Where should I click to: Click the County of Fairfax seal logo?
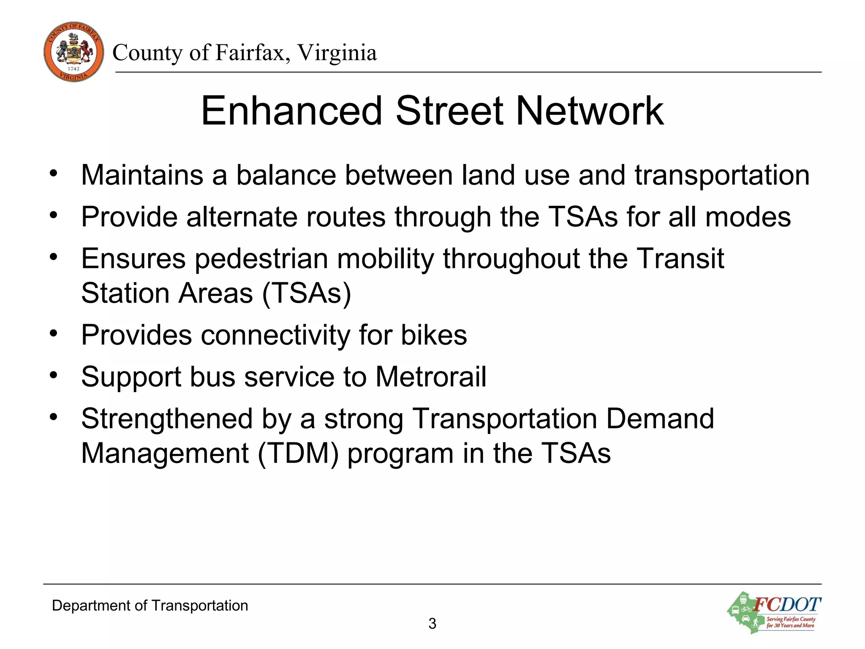coord(73,52)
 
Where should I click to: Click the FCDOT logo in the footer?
coord(775,612)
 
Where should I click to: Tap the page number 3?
coord(432,624)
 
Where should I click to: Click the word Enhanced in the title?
coord(291,111)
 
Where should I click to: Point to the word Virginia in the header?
coord(337,53)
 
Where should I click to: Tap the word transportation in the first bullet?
coord(722,175)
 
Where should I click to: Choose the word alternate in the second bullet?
coord(242,217)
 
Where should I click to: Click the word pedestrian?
coord(261,259)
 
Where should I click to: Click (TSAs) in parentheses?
coord(307,293)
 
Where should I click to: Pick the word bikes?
coord(434,335)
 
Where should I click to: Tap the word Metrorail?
coord(430,376)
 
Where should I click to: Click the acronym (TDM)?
coord(298,453)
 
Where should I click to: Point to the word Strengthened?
coord(167,419)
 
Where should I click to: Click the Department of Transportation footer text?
coord(150,605)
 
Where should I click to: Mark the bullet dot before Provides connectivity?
coord(53,333)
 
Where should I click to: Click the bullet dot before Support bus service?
coord(53,374)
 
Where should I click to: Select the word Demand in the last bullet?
coord(660,419)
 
